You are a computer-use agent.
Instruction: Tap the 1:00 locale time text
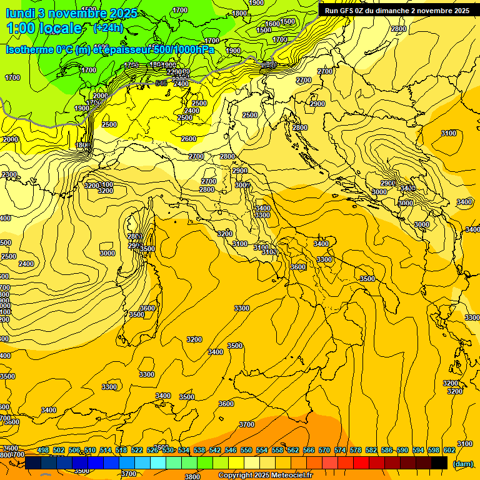click(44, 28)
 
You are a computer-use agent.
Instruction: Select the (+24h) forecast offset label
click(108, 28)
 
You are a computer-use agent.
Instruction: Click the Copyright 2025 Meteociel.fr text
click(265, 476)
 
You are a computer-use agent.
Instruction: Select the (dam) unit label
click(462, 464)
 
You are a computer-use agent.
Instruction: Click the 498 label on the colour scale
click(43, 451)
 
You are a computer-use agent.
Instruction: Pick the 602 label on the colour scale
click(449, 451)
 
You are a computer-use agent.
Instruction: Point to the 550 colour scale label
click(246, 451)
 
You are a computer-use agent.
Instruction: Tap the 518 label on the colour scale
click(121, 451)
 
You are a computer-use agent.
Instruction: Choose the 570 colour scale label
click(324, 451)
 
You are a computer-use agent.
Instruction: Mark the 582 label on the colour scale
click(371, 451)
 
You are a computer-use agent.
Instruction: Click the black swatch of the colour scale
click(439, 463)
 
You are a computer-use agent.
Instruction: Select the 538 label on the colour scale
click(199, 451)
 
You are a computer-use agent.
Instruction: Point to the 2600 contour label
click(188, 139)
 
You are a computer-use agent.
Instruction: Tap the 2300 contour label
click(9, 174)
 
